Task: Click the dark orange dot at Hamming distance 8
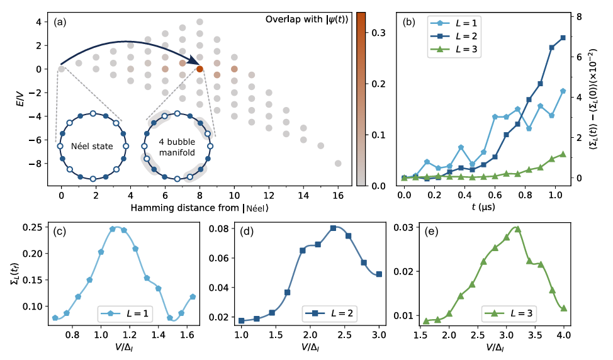[x=200, y=69]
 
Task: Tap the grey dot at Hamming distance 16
[x=338, y=163]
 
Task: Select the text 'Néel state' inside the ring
[x=93, y=147]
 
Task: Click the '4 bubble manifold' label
[x=177, y=146]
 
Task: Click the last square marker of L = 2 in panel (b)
[x=563, y=38]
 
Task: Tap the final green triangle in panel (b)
[x=563, y=154]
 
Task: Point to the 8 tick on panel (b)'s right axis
[x=578, y=16]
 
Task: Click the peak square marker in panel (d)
[x=333, y=228]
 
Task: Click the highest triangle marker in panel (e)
[x=517, y=229]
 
